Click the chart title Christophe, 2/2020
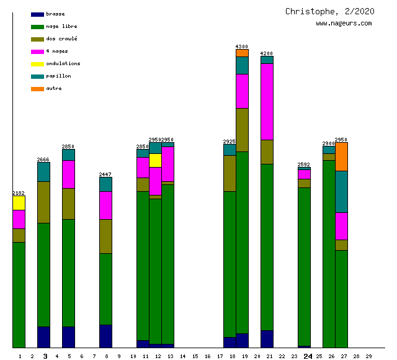(329, 11)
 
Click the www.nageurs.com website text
(344, 24)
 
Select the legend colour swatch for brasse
(37, 14)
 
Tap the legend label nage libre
(61, 27)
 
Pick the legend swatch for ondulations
(37, 64)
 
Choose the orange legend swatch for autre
(37, 89)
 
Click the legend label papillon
(58, 76)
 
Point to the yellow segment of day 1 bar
(19, 203)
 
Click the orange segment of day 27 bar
(341, 156)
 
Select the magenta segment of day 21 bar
(267, 102)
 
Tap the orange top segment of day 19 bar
(242, 53)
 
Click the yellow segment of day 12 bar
(155, 160)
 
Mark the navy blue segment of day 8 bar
(105, 336)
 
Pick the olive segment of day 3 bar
(43, 202)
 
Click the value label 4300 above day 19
(242, 47)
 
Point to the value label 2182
(19, 193)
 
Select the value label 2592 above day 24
(304, 164)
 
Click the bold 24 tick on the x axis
(308, 356)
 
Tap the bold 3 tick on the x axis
(45, 356)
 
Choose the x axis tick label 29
(368, 356)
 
